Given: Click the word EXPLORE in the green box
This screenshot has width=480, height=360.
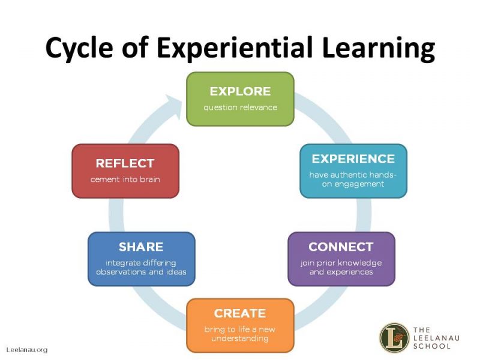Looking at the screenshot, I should [240, 92].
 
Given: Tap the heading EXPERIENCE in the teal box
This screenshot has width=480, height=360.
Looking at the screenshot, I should [353, 159].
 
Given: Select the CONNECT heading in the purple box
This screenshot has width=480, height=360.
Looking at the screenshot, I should [341, 247].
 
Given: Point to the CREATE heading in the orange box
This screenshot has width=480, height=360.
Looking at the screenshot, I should [239, 313].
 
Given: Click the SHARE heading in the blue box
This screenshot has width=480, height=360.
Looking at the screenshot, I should [141, 247].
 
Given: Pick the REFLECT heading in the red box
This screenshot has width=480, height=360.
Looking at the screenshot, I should [125, 163].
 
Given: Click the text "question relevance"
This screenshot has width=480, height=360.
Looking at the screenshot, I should [240, 108].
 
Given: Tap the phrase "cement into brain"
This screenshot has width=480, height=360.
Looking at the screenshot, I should [125, 179].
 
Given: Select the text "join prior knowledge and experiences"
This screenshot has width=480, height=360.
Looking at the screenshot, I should [341, 268].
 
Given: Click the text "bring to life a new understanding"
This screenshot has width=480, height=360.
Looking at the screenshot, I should [239, 334].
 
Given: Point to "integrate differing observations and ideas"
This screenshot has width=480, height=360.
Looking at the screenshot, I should [141, 268].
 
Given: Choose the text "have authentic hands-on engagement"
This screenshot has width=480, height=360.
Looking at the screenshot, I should [353, 179].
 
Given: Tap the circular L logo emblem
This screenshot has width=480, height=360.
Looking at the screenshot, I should [394, 338].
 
